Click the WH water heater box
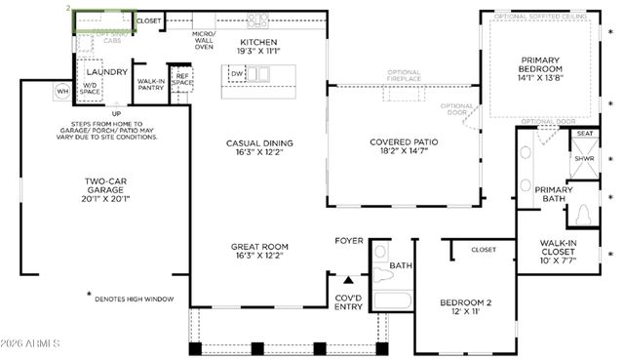tap(62, 92)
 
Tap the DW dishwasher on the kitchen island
tap(237, 73)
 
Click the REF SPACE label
tap(182, 79)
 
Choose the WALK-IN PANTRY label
tap(150, 85)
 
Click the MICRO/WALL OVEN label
tap(203, 42)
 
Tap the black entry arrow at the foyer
tap(348, 278)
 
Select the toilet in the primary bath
tap(586, 215)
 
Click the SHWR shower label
tap(584, 159)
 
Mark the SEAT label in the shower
tap(584, 134)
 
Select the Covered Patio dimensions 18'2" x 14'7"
tap(404, 152)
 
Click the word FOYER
tap(349, 240)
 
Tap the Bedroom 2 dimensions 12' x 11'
tap(464, 313)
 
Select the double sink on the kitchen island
tap(258, 73)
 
